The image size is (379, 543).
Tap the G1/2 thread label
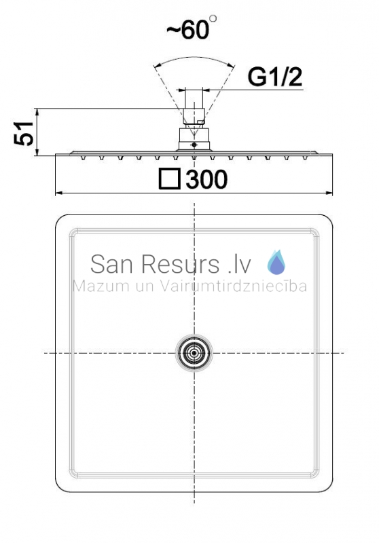point(274,77)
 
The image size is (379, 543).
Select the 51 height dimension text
point(24,133)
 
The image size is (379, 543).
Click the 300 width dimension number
point(206,179)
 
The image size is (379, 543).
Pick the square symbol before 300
point(169,179)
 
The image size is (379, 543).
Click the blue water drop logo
point(276,262)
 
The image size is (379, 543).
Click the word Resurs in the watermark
point(180,264)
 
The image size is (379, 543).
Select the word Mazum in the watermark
point(101,286)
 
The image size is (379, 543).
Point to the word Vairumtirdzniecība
point(233,286)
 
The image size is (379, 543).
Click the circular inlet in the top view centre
point(194,353)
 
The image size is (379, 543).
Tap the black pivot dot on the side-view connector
point(194,145)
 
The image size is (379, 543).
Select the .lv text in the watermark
point(239,265)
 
